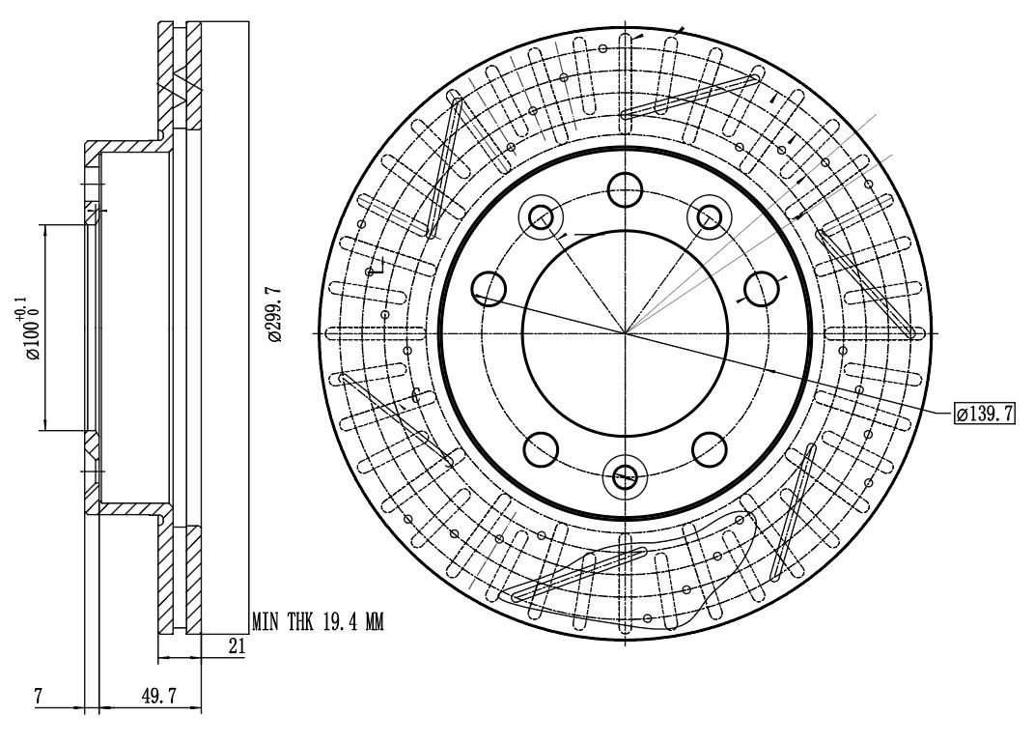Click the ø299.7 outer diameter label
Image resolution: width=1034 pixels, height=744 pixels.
coord(275,314)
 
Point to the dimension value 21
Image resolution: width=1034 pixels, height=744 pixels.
coord(237,645)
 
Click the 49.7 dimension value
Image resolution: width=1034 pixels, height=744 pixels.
coord(159,696)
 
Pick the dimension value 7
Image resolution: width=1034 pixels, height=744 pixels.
coord(39,696)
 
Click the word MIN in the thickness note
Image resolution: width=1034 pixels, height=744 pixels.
coord(265,621)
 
